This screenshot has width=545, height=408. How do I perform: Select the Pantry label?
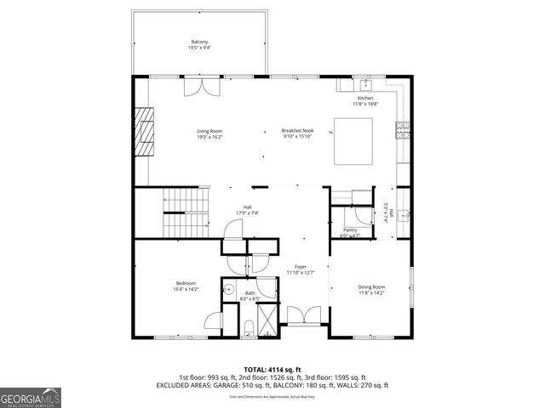(x=350, y=230)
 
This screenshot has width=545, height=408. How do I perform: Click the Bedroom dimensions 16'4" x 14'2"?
(x=186, y=290)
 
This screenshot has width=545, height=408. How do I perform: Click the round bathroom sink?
(x=228, y=289)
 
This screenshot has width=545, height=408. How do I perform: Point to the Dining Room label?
(x=371, y=286)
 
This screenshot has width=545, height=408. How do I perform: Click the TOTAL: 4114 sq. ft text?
(x=272, y=369)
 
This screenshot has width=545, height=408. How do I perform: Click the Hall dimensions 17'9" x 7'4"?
(x=247, y=212)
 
